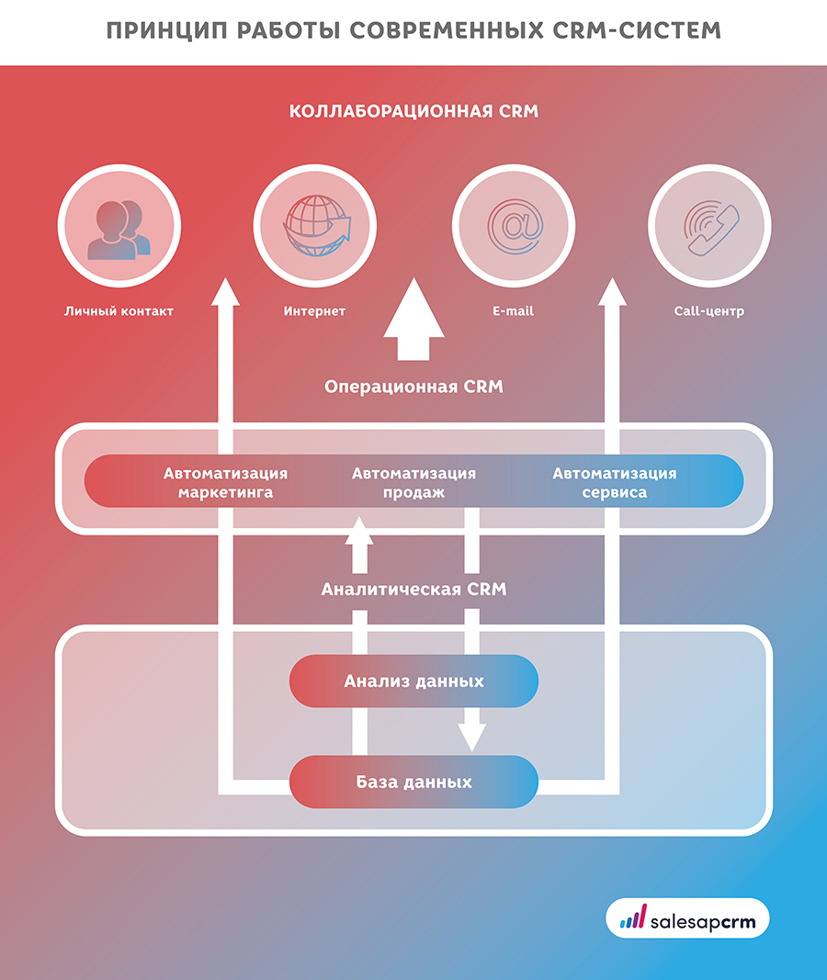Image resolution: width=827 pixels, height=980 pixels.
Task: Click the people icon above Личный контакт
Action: tap(119, 228)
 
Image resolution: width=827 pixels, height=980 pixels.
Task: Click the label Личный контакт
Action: tap(119, 311)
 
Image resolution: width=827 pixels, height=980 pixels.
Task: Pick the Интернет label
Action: tap(314, 311)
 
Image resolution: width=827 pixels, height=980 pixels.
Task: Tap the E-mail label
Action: tap(513, 311)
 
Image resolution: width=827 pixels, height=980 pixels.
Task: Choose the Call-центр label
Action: tap(708, 311)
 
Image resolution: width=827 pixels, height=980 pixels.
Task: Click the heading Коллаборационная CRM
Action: tap(413, 111)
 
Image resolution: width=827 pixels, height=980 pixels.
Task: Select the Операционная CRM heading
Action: tap(413, 387)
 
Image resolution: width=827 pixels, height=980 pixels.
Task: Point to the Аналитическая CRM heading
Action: tap(413, 589)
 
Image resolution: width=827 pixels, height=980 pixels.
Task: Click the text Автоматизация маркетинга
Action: tap(225, 483)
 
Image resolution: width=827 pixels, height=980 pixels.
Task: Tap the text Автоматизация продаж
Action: tap(413, 483)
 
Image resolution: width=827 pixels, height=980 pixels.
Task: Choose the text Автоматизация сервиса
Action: tap(614, 483)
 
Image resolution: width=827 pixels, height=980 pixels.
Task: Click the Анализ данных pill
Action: tap(413, 681)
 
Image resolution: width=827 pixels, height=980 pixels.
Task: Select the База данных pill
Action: tap(413, 783)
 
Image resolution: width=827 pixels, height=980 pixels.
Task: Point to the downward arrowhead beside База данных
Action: tap(472, 735)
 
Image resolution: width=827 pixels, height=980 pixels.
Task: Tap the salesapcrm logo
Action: tap(687, 918)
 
